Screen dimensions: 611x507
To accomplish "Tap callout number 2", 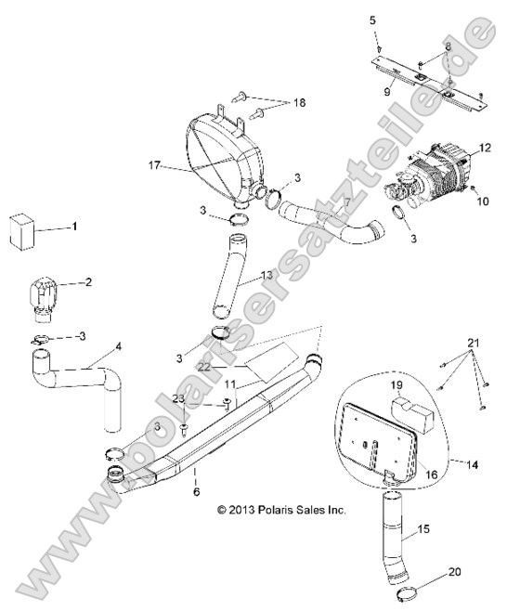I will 88,281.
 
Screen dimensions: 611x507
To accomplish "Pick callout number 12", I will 483,148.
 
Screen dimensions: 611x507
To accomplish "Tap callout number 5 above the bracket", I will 373,19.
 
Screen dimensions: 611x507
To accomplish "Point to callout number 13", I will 266,276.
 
